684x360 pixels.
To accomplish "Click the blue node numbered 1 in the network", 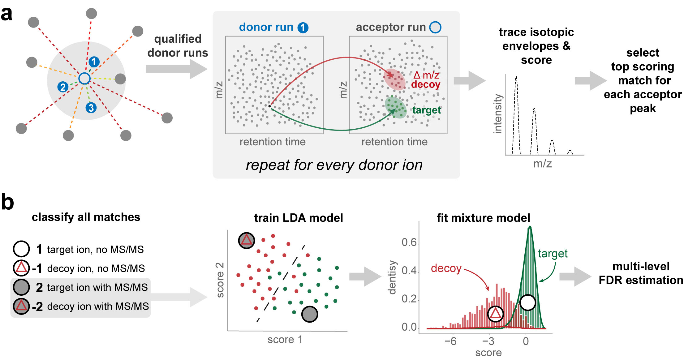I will [94, 62].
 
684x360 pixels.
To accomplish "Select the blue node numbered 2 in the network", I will [63, 87].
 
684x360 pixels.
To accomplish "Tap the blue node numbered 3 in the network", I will [91, 108].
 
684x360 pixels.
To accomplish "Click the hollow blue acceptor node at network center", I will [84, 79].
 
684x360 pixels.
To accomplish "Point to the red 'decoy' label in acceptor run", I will [426, 84].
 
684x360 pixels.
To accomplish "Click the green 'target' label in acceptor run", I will [427, 110].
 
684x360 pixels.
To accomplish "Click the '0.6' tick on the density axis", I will [409, 242].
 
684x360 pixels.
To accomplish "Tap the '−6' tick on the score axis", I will [450, 341].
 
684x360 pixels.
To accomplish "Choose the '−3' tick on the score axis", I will [488, 341].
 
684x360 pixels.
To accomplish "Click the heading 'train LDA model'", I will [299, 218].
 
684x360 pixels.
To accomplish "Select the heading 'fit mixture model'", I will [483, 218].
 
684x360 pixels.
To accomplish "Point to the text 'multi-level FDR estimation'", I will [641, 273].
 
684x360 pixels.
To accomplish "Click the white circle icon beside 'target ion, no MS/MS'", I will [21, 249].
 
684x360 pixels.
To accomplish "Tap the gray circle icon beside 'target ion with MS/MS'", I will [21, 287].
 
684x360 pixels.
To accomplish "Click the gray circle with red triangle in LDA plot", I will [247, 240].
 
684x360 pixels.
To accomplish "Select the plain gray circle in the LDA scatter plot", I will [309, 314].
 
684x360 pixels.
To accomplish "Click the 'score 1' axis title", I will [285, 340].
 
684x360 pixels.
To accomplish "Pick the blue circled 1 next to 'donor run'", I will [303, 28].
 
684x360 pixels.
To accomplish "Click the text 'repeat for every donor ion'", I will [334, 165].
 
